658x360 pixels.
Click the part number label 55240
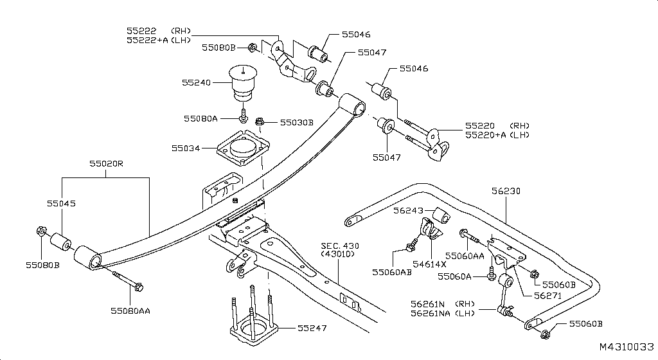pyautogui.click(x=196, y=82)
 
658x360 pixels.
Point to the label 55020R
pyautogui.click(x=106, y=164)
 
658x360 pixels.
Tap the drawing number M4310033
pyautogui.click(x=626, y=346)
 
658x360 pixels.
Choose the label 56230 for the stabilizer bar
pyautogui.click(x=506, y=191)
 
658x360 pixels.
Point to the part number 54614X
pyautogui.click(x=430, y=264)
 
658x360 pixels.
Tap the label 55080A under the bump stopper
pyautogui.click(x=200, y=118)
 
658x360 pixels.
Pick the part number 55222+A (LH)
pyautogui.click(x=158, y=40)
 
